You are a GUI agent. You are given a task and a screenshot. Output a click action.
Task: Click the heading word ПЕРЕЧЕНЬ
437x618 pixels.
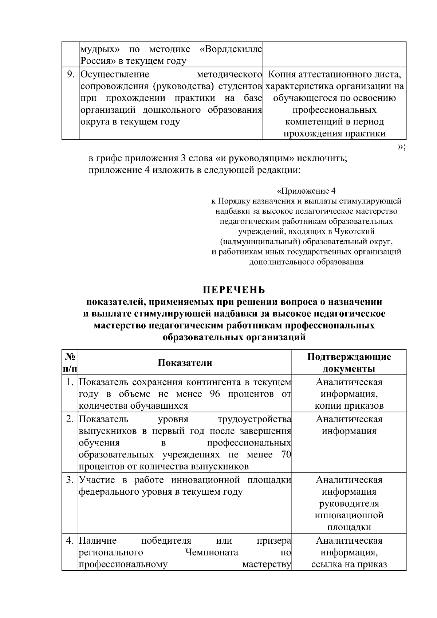tap(234, 290)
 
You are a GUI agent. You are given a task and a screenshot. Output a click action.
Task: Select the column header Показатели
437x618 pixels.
tap(185, 363)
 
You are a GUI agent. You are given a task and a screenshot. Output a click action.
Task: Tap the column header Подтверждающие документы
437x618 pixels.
tap(349, 363)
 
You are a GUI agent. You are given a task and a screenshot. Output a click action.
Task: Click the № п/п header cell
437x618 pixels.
tap(70, 363)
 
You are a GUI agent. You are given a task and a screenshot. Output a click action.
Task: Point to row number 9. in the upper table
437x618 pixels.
tap(71, 75)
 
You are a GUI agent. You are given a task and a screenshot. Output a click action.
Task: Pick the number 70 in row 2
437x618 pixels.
tap(286, 455)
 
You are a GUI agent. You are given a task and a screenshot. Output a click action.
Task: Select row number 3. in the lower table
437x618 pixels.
tap(70, 480)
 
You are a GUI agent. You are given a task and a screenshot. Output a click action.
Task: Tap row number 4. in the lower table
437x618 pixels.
tap(70, 540)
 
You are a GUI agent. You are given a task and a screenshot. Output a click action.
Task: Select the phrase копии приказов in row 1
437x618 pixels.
tap(349, 406)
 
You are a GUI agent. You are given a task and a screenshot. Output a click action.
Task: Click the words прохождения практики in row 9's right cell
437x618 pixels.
tap(334, 134)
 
